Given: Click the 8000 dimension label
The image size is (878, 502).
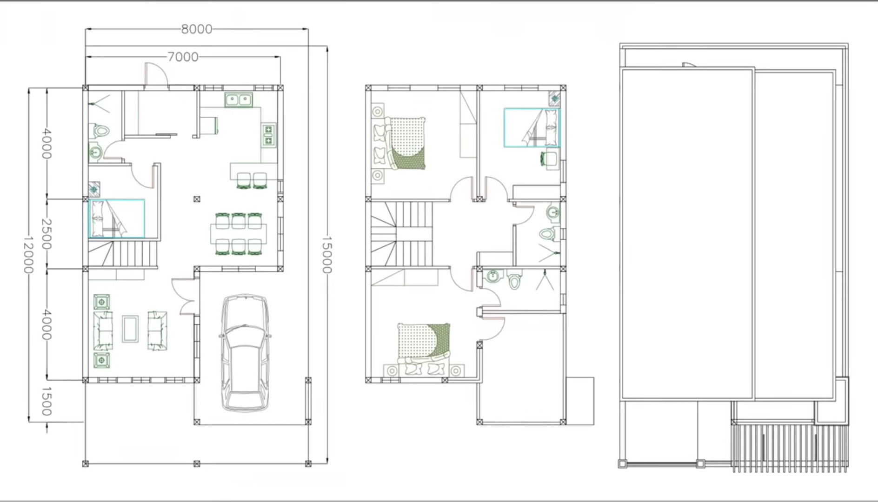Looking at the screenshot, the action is (x=197, y=29).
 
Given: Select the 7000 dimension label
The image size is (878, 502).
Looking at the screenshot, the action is (x=183, y=57).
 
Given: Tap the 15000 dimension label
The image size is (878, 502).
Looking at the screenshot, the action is (x=327, y=255).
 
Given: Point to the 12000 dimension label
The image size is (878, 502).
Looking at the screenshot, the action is (x=29, y=255).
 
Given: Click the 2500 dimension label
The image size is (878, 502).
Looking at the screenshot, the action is (x=47, y=233).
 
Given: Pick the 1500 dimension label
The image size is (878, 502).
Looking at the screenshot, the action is (x=47, y=401).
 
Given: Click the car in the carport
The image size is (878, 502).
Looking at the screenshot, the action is (x=245, y=353).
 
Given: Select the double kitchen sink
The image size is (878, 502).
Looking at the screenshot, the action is (x=239, y=100).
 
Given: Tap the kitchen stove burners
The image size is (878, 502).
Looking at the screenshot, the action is (x=268, y=135).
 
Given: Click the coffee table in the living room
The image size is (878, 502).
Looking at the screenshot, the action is (x=130, y=329).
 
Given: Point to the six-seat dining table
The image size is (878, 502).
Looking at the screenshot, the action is (x=239, y=234).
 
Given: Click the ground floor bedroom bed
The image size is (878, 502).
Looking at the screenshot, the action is (x=117, y=218).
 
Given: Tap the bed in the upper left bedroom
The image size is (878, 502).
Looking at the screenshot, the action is (x=400, y=143).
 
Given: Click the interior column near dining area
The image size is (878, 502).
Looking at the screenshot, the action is (x=197, y=199).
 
